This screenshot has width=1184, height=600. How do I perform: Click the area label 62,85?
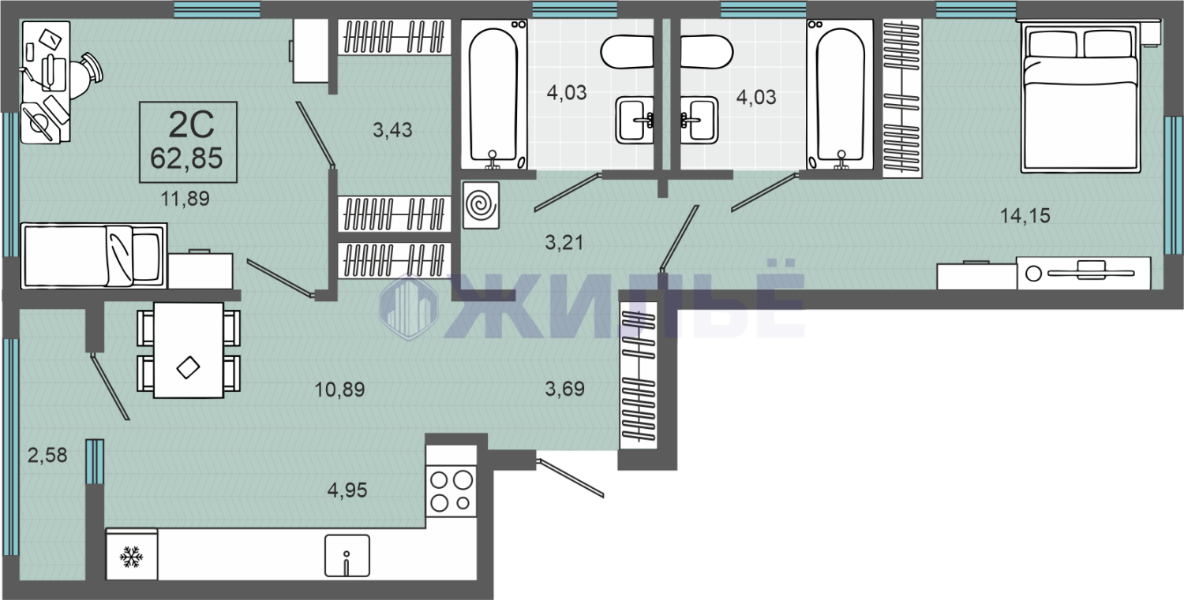point(186,158)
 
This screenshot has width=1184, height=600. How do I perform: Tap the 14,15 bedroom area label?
point(1025,215)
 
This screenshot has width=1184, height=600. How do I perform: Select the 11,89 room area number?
point(185,199)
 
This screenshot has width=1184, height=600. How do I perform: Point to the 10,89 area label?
point(339,389)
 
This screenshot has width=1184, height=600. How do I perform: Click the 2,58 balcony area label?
point(47,455)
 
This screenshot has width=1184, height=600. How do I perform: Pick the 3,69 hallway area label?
point(564,389)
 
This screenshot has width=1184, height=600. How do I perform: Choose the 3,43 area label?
point(392,129)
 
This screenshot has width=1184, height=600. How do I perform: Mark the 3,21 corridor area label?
point(564,242)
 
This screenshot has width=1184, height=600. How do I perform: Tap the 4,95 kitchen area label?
point(347,490)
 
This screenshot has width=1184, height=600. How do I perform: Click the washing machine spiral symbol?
point(481,205)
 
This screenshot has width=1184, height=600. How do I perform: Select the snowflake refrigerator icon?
point(131,556)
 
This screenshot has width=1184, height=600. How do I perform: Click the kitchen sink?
point(347,556)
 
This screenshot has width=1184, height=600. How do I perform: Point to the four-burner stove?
point(451,491)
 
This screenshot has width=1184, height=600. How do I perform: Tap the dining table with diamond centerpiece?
point(189,349)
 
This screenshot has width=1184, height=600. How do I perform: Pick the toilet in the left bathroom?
point(627,52)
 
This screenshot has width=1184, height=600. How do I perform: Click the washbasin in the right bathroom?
point(699,120)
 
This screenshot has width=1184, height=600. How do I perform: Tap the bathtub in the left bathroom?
point(493,95)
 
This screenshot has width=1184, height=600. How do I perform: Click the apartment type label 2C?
point(191,125)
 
